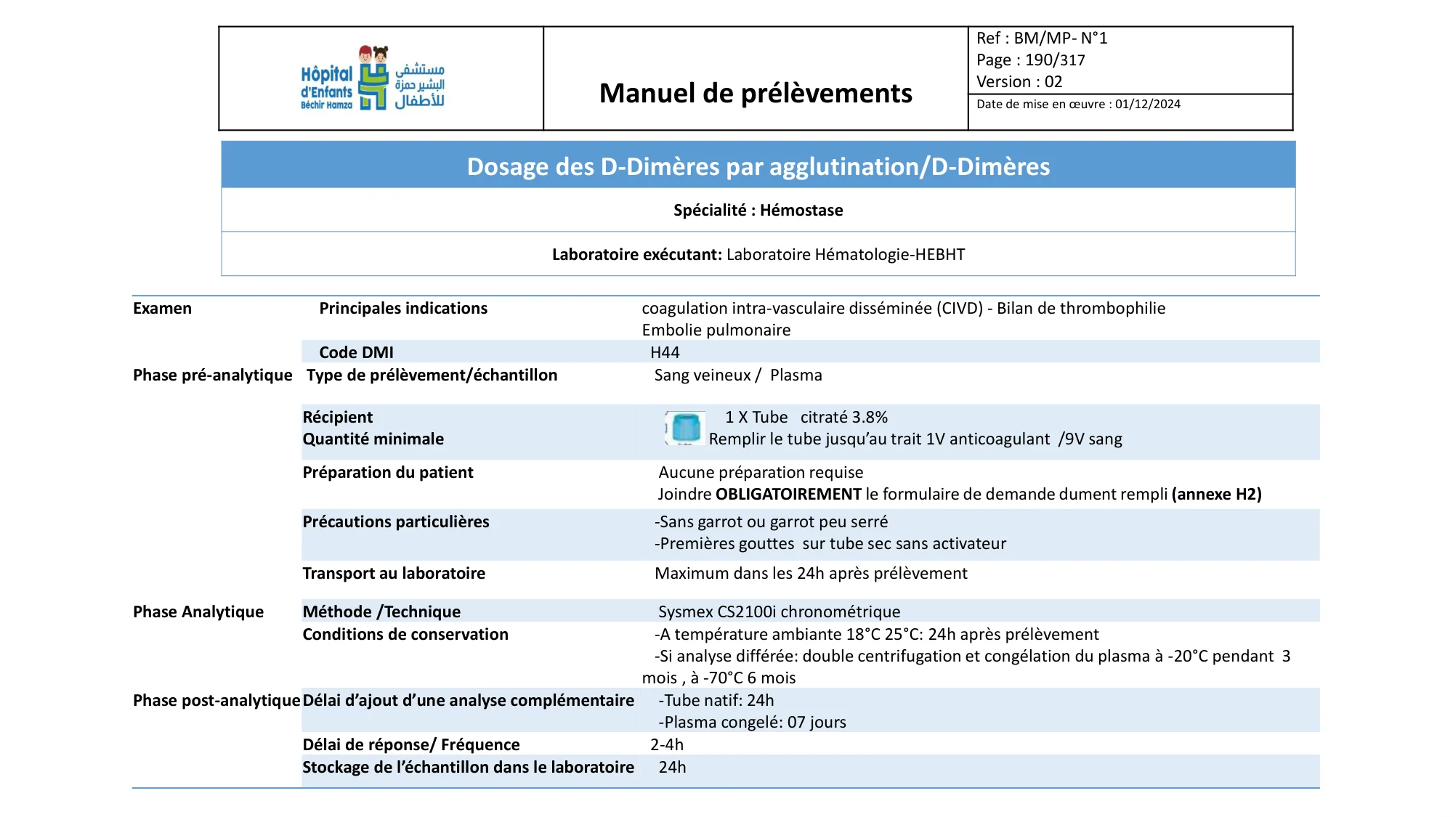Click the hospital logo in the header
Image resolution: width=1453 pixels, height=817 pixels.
(x=373, y=78)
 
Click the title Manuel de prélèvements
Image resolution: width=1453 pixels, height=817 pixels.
(x=756, y=93)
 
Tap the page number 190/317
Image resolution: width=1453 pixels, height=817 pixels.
(x=1055, y=60)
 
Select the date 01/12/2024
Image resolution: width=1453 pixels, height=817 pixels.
(x=1148, y=105)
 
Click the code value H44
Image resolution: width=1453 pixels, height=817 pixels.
(x=665, y=353)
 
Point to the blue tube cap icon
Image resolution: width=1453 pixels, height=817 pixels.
(x=685, y=428)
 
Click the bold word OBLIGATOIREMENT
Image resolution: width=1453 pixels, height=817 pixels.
(x=788, y=495)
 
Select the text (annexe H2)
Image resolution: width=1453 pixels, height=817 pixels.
(x=1216, y=495)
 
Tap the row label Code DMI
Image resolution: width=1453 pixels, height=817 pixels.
(x=356, y=353)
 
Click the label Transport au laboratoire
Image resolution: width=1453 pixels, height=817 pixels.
(x=394, y=574)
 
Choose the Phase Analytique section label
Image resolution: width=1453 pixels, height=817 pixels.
(x=198, y=612)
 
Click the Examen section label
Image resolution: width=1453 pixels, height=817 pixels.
(x=162, y=309)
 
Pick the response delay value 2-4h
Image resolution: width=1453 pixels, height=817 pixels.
(x=666, y=745)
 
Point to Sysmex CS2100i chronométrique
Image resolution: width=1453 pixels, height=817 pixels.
(x=779, y=612)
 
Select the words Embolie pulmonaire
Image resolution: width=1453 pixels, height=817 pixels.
(x=716, y=330)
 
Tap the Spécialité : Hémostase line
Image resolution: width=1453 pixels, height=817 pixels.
(x=758, y=211)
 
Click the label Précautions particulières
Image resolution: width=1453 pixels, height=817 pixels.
(x=396, y=522)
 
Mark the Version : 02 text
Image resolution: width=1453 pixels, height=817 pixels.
(x=1019, y=82)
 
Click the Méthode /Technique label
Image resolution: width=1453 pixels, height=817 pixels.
(x=381, y=612)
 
